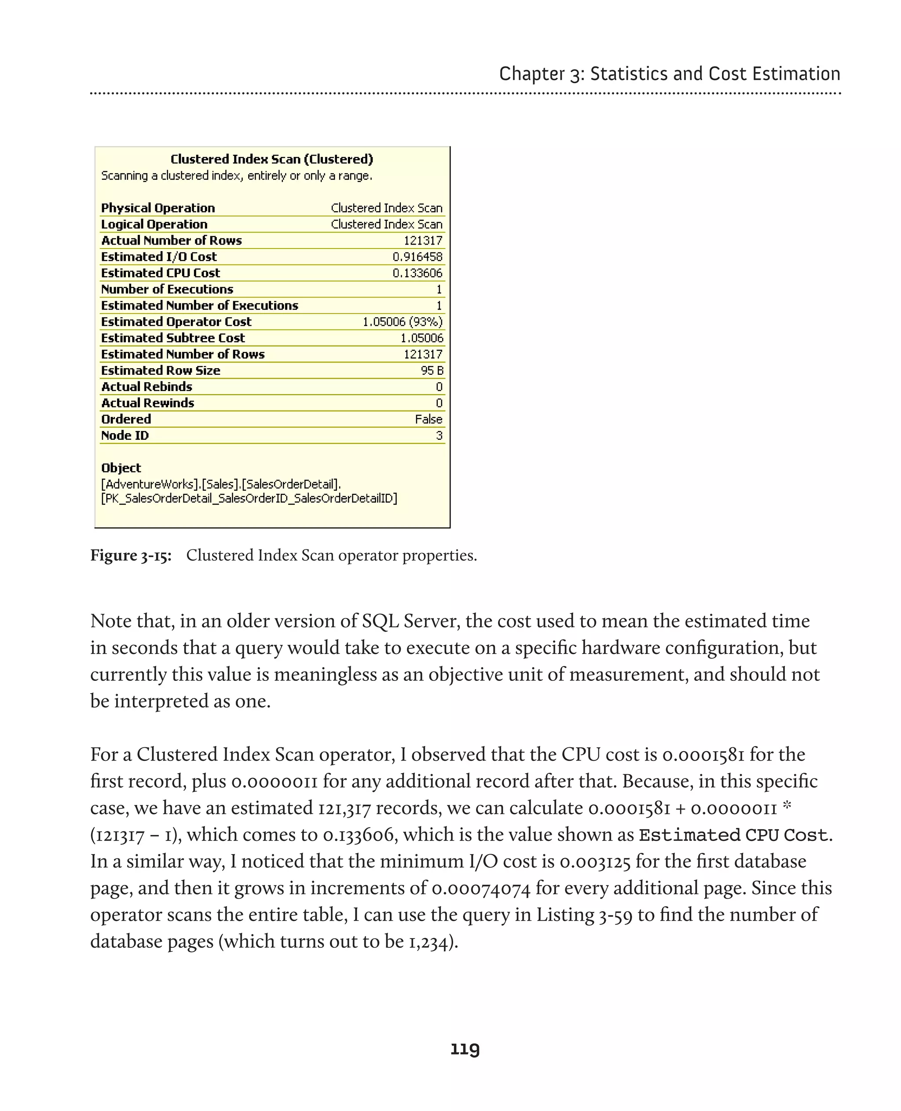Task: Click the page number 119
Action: [465, 1049]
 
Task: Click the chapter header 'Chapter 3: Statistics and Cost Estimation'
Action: [669, 74]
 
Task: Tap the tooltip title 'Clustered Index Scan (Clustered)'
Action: [271, 159]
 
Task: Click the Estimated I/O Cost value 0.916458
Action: [417, 256]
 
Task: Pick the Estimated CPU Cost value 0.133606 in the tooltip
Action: [417, 273]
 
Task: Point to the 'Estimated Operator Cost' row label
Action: [176, 322]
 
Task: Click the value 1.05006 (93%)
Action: [402, 322]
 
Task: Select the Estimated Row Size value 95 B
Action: [432, 370]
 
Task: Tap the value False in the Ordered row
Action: [429, 419]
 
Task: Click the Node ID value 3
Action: [439, 435]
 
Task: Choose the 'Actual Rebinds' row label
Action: [147, 387]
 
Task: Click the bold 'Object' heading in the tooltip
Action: [121, 468]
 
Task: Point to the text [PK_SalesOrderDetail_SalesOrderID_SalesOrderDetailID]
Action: [249, 499]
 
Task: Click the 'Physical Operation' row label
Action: [158, 208]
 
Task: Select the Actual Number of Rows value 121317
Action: [423, 240]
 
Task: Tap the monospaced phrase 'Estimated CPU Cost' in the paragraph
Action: [733, 835]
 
